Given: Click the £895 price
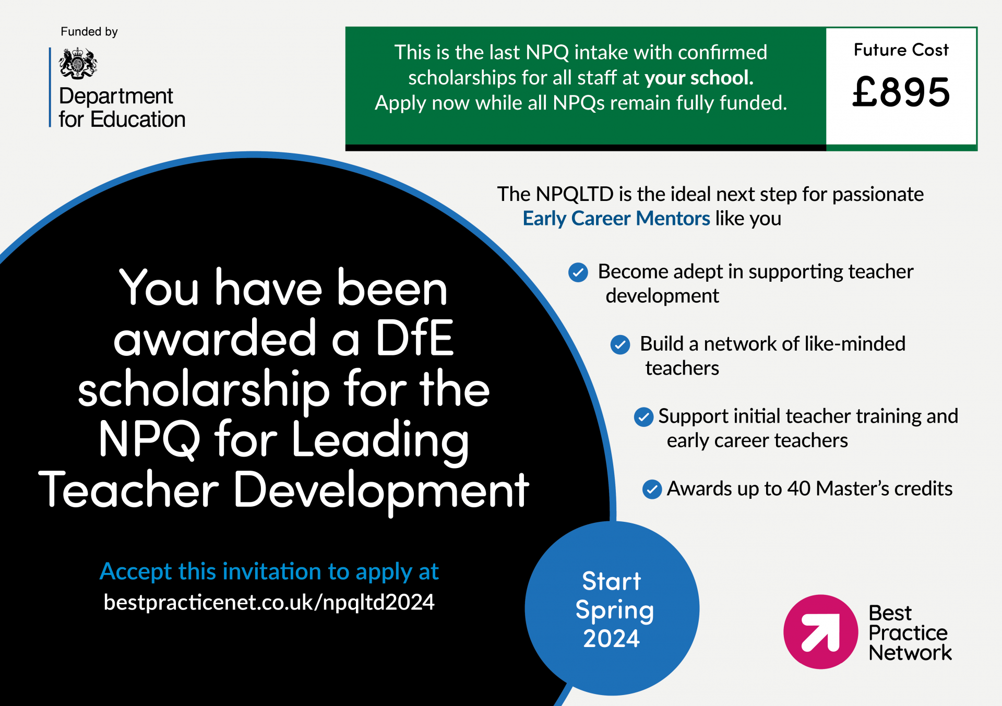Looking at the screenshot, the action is pos(901,92).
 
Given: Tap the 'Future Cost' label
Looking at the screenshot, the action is pos(901,50).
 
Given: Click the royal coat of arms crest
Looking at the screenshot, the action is pos(78,63).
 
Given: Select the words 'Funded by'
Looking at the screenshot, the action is pos(89,32).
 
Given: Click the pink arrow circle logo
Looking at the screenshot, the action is pos(820,631).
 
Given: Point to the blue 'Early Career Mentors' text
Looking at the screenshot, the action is pos(616,219).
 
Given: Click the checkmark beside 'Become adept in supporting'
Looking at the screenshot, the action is pos(578,272).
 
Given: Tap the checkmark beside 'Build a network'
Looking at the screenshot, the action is pos(620,345).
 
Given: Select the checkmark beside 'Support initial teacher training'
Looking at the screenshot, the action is pos(643,417).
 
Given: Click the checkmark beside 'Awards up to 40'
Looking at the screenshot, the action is pos(652,489).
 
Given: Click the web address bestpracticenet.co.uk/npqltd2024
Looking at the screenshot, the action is pos(269,603).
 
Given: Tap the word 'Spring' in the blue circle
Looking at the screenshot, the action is pos(615,611).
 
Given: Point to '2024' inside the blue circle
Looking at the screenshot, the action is pos(612,639).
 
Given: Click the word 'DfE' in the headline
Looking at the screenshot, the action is pos(414,338).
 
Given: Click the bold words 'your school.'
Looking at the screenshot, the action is pos(699,78).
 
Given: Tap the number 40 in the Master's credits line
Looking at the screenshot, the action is pos(799,489).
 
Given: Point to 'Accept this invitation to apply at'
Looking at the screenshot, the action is pos(269,572).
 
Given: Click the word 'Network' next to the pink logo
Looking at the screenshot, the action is pos(910,653).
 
